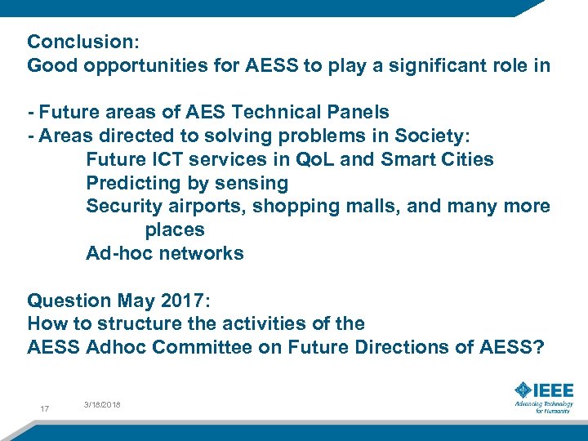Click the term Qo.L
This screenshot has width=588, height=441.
click(311, 159)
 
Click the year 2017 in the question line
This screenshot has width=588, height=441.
click(189, 301)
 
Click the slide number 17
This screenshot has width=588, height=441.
click(44, 409)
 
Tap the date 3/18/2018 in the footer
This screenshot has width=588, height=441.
click(101, 405)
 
